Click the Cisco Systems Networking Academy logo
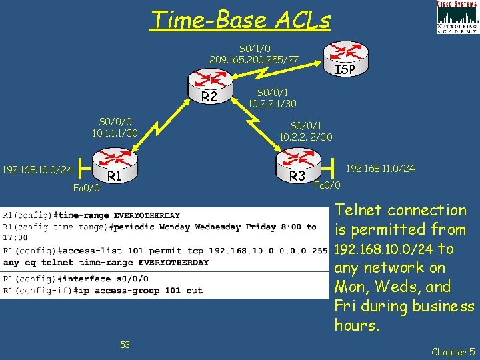(x=457, y=17)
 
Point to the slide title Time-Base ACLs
(x=241, y=20)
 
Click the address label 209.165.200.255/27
(x=254, y=60)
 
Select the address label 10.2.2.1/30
(x=272, y=104)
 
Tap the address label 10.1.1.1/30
(x=115, y=133)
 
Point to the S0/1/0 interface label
(x=254, y=49)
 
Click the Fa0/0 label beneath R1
(x=86, y=188)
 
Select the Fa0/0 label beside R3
(x=327, y=185)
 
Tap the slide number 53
(x=125, y=344)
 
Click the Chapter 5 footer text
(x=452, y=351)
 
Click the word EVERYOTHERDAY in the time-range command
(x=147, y=215)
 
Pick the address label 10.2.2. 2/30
(x=307, y=137)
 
